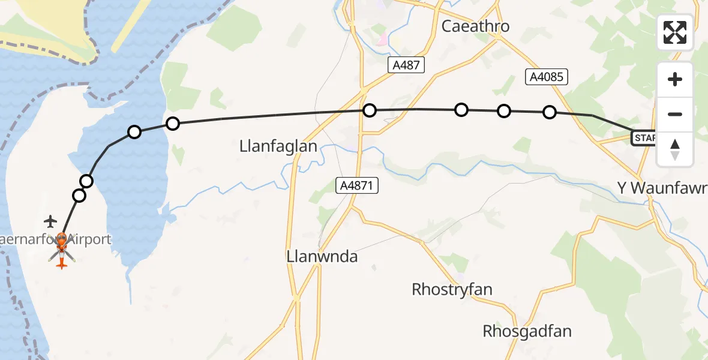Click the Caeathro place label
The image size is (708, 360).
pyautogui.click(x=475, y=26)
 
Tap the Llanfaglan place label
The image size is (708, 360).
pyautogui.click(x=278, y=146)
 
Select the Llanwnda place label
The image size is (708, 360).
pyautogui.click(x=323, y=257)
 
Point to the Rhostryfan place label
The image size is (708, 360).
pyautogui.click(x=452, y=289)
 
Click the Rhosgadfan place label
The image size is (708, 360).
pyautogui.click(x=527, y=331)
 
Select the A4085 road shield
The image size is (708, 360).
pyautogui.click(x=546, y=76)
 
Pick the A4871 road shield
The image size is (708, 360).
pyautogui.click(x=356, y=186)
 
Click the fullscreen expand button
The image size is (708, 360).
pyautogui.click(x=675, y=32)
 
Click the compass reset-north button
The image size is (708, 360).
pyautogui.click(x=675, y=149)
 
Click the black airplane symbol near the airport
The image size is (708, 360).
pyautogui.click(x=50, y=221)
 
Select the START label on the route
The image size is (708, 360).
pyautogui.click(x=643, y=139)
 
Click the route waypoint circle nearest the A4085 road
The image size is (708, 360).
pyautogui.click(x=550, y=112)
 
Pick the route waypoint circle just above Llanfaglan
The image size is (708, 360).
pyautogui.click(x=370, y=110)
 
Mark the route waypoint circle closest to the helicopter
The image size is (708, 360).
pyautogui.click(x=79, y=195)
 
